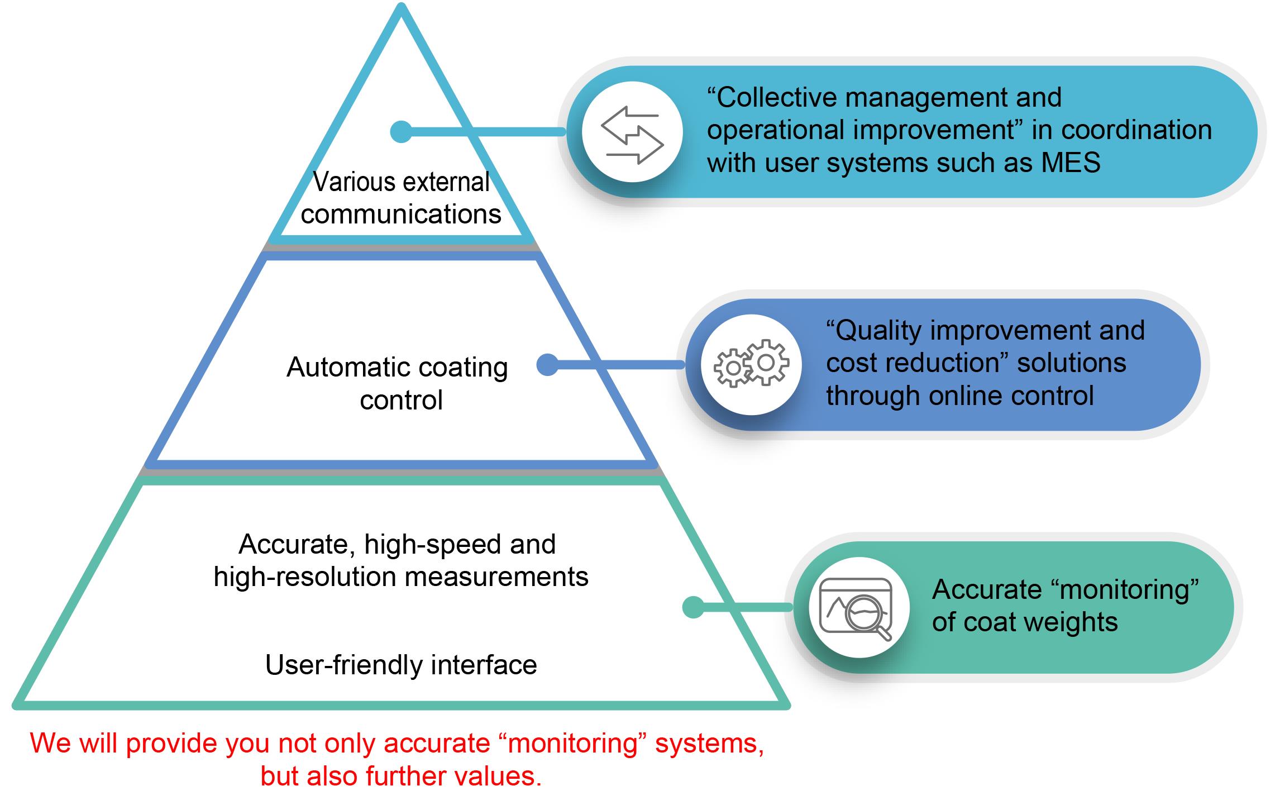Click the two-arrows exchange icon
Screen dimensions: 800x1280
coord(632,133)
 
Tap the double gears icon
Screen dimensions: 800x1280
coord(752,364)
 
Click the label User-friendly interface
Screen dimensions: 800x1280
coord(401,665)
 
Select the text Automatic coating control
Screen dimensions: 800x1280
coord(398,383)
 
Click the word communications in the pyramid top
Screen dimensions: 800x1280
coord(401,215)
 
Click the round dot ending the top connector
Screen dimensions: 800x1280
coord(401,132)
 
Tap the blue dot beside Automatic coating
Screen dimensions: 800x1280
coord(547,365)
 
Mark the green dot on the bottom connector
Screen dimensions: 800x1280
coord(693,607)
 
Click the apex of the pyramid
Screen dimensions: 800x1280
coord(401,8)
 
